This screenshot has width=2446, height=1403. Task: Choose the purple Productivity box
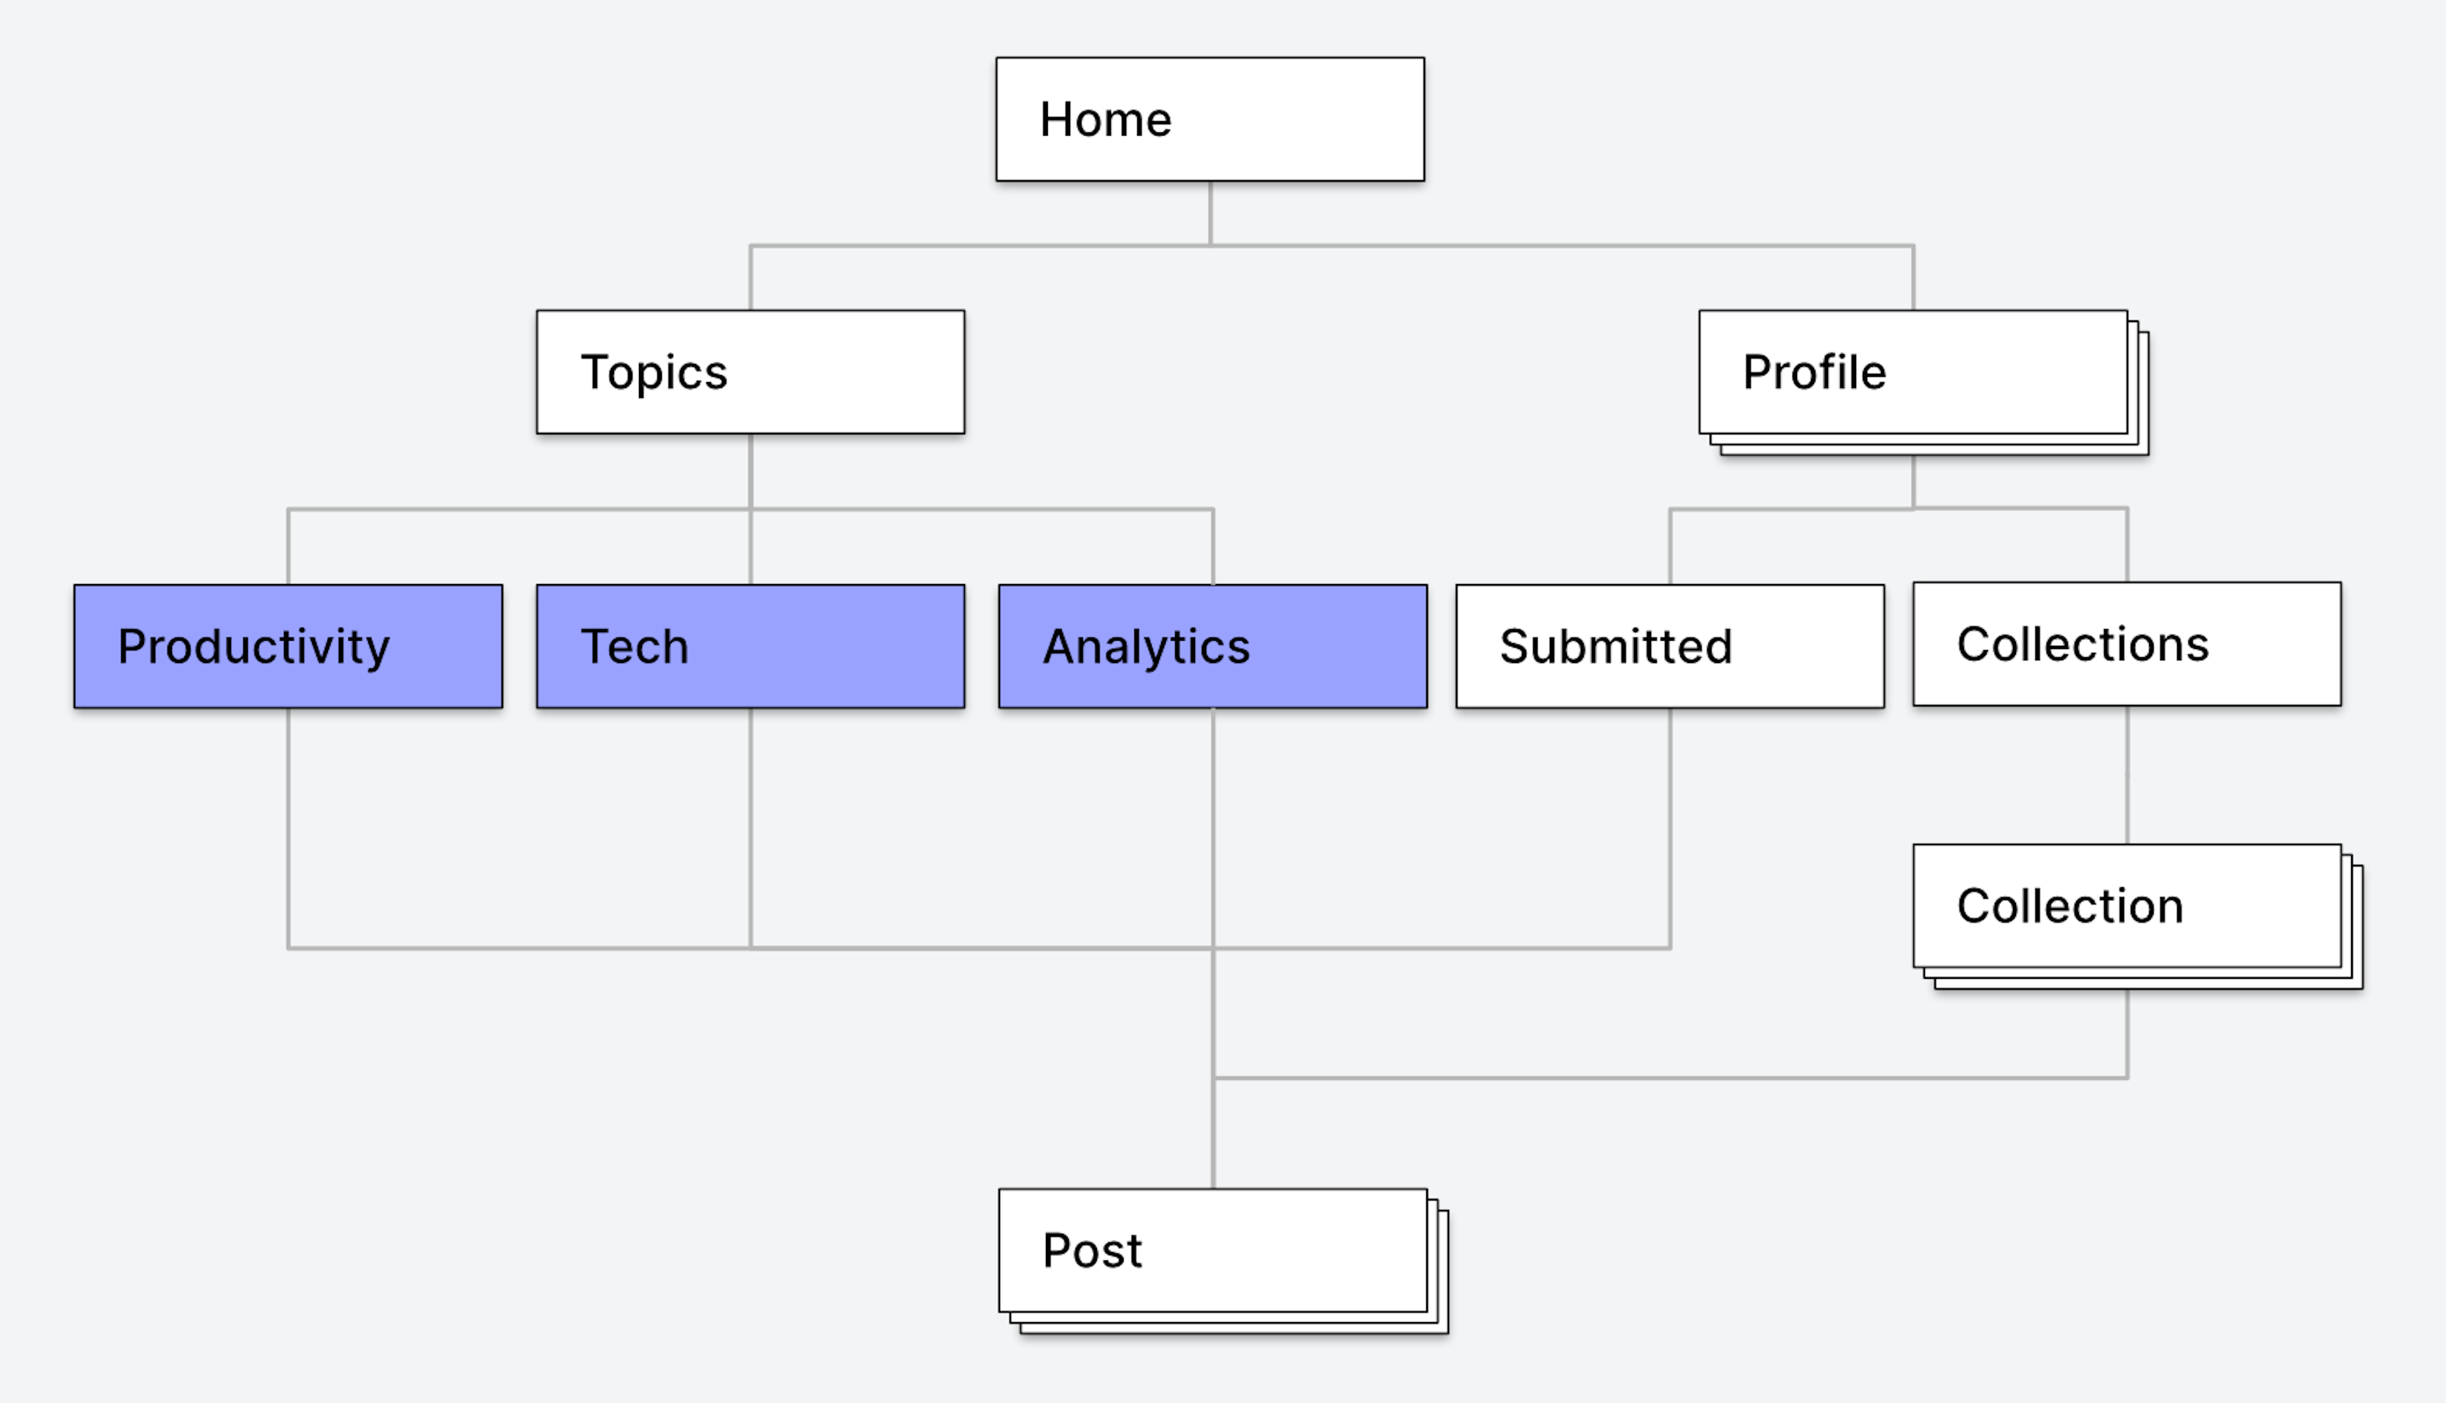pos(288,646)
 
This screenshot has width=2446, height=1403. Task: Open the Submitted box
pos(1670,646)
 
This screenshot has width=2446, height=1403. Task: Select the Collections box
pos(2127,644)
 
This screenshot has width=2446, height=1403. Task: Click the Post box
pos(1223,1260)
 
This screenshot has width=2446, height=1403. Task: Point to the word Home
pos(1105,120)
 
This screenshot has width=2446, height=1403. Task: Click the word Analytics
pos(1146,646)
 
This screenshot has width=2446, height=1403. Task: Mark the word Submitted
pos(1615,646)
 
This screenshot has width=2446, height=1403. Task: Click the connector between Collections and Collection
pos(2127,774)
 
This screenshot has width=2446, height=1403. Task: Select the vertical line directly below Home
pos(1210,213)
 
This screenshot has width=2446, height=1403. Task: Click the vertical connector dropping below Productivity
pos(288,829)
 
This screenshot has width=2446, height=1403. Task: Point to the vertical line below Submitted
pos(1670,829)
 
